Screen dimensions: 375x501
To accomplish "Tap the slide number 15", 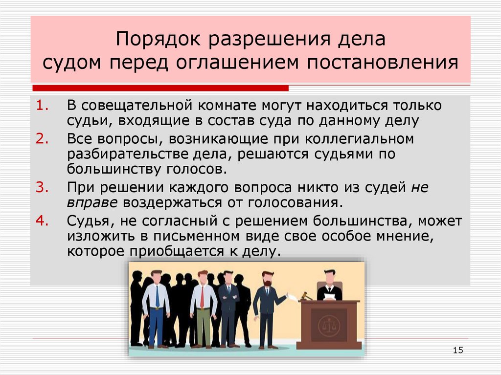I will [x=458, y=350].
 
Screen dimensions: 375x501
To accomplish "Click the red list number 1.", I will [x=42, y=106].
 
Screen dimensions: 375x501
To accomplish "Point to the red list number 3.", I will [x=42, y=187].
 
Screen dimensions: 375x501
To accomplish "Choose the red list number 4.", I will [x=42, y=220].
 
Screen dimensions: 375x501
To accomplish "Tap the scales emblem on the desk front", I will [x=328, y=324].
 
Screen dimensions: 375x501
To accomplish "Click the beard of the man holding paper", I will [x=267, y=283].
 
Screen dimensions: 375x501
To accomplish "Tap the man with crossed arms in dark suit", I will [x=228, y=303].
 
